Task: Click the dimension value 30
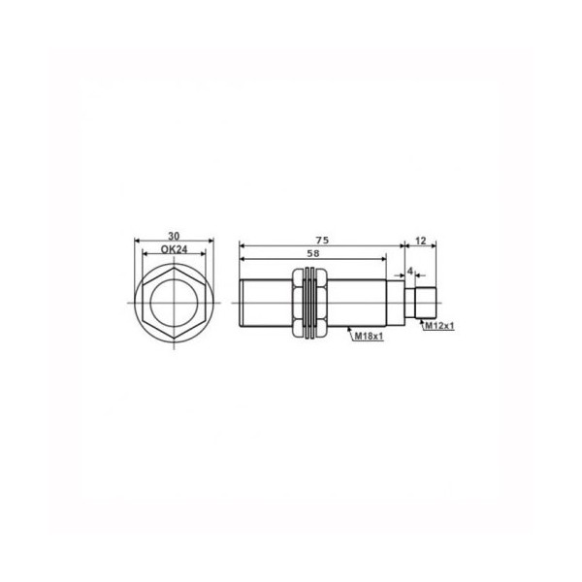click(x=174, y=236)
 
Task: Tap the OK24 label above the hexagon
click(x=174, y=249)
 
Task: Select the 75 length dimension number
click(x=322, y=241)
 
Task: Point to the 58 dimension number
click(x=313, y=253)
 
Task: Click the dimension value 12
click(x=421, y=241)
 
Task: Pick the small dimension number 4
click(x=409, y=271)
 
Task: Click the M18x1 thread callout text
click(x=369, y=337)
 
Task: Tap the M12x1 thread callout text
click(x=439, y=326)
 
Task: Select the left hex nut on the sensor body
click(x=298, y=303)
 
